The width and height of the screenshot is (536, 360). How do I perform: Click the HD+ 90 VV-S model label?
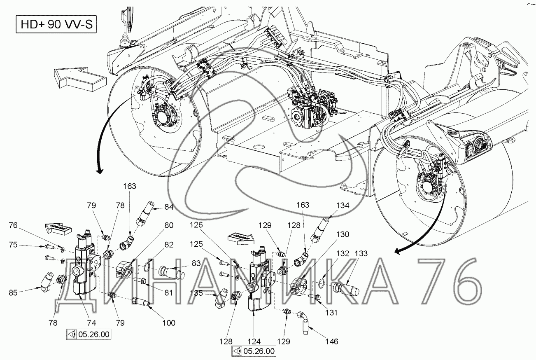[56, 24]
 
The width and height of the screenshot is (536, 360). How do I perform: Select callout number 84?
[169, 207]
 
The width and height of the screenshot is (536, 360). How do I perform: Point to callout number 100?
[169, 323]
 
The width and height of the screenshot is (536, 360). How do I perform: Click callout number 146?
[332, 341]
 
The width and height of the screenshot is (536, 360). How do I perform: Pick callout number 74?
[91, 323]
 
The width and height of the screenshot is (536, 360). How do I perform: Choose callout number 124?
[254, 341]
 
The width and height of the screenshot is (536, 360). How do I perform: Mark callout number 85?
[13, 293]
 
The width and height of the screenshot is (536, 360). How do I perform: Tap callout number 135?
[196, 293]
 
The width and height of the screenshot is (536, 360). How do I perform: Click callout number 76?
[13, 225]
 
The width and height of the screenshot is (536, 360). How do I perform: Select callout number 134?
[343, 206]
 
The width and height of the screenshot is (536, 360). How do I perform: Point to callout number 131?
[331, 312]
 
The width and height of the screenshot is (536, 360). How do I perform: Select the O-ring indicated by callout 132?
[322, 280]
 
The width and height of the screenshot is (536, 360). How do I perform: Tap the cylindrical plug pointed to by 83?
[172, 272]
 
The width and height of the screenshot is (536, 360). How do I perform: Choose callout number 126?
[196, 225]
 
